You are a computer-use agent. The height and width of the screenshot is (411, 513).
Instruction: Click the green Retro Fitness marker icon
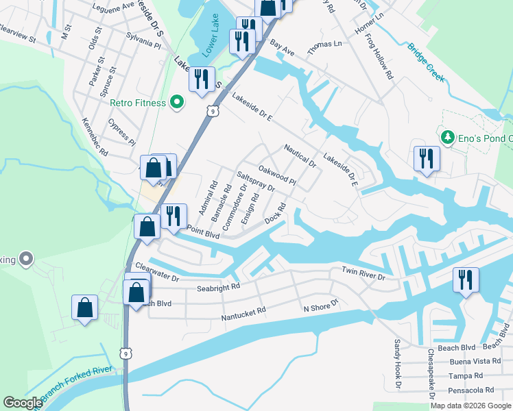coord(177,103)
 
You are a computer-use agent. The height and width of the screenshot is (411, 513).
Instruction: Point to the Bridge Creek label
coord(426,63)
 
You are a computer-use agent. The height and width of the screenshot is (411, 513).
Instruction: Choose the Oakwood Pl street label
coord(276,175)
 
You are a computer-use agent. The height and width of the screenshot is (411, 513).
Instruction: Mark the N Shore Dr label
coord(322,306)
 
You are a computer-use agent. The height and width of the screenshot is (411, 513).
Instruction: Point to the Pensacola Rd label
coord(470,390)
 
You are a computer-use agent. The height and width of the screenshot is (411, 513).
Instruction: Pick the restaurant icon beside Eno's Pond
coord(427,158)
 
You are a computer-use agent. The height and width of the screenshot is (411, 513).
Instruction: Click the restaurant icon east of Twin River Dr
coord(466,279)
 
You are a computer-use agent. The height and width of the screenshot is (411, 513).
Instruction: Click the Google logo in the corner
coord(23,403)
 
